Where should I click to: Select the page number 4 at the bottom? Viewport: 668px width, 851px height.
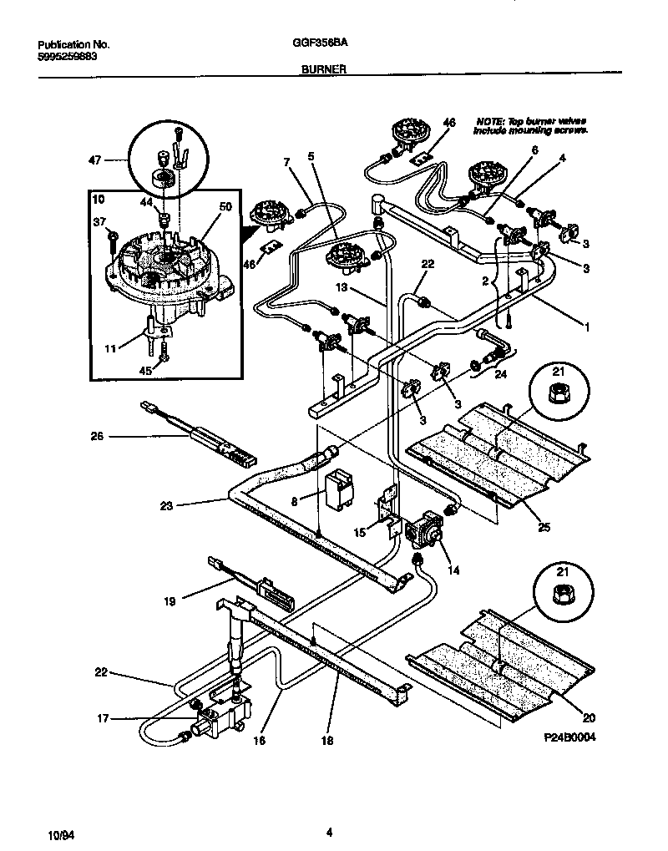tap(330, 832)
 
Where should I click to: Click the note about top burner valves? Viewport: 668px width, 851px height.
tap(530, 126)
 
